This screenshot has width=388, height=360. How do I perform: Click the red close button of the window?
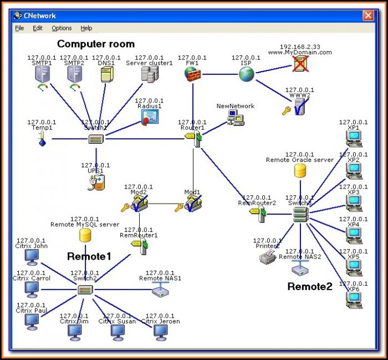[367, 16]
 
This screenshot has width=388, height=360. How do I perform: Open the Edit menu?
[38, 28]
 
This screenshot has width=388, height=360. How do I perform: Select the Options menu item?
[62, 28]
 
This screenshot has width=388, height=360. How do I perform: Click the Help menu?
[86, 28]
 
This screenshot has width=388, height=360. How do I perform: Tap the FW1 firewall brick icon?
[192, 74]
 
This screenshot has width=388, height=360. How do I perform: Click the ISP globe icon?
[246, 74]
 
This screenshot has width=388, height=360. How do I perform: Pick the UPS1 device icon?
[95, 182]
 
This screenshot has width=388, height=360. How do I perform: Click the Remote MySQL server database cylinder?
[85, 236]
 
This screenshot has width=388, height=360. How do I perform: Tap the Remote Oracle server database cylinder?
[300, 171]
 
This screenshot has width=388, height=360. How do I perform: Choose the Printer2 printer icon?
[268, 257]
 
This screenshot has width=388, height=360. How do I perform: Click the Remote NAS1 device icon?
[160, 290]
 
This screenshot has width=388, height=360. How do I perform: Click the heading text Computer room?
[96, 44]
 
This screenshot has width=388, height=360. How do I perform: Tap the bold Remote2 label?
[310, 287]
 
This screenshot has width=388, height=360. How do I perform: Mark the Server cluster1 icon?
[149, 74]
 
